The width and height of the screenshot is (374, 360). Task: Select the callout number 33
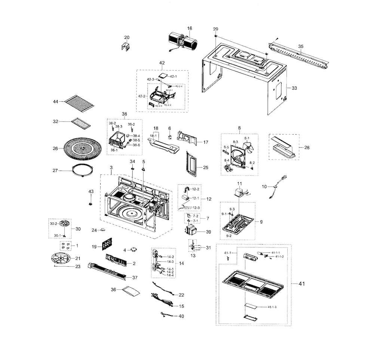(294, 88)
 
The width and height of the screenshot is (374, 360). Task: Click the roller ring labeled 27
(83, 170)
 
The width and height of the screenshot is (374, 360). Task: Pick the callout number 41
(301, 284)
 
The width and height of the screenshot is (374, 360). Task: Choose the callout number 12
(209, 199)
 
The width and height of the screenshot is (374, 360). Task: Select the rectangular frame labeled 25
(191, 163)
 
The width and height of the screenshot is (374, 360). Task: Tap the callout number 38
(124, 114)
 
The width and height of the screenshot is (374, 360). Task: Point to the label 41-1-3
(275, 307)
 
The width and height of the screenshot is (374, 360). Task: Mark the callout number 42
(162, 63)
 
